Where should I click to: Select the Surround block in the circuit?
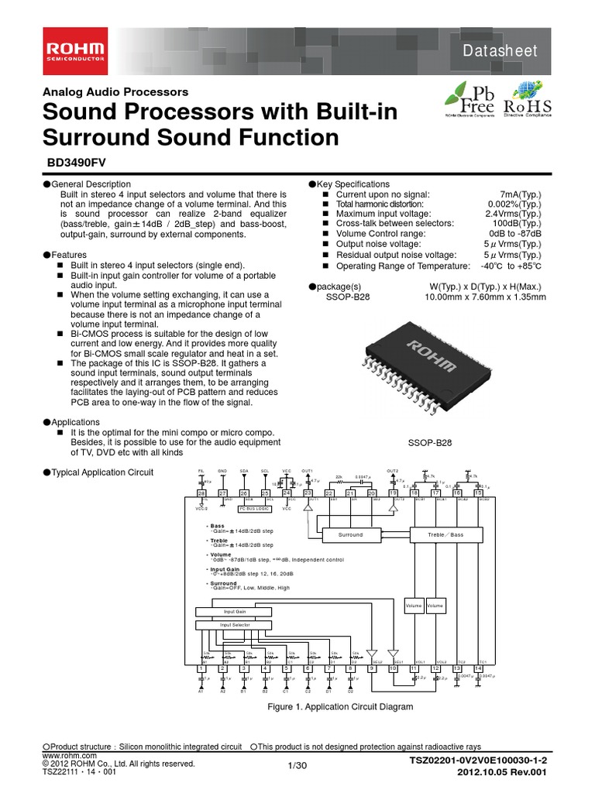coord(350,534)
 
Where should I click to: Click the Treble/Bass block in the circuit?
coord(446,534)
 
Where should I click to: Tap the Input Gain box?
coord(234,611)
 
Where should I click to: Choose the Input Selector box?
coord(234,624)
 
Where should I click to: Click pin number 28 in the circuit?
coord(201,493)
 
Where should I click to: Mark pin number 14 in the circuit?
coord(478,668)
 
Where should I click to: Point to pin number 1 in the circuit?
coord(201,668)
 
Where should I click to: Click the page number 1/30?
coord(297,766)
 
